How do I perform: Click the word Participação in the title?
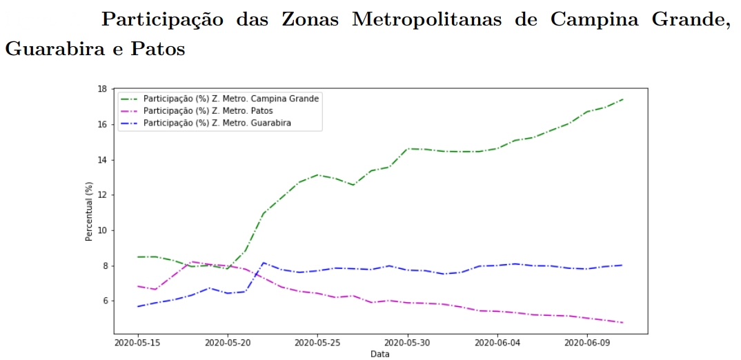point(162,20)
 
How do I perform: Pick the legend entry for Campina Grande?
point(235,99)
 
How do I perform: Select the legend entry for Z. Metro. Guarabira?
point(221,123)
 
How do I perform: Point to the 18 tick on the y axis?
point(101,89)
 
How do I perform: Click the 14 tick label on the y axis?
point(101,160)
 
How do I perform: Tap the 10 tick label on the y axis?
point(101,230)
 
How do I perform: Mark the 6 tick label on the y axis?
point(103,301)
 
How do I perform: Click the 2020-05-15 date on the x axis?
point(137,342)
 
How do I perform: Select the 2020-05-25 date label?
point(317,342)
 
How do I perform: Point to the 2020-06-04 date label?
point(497,342)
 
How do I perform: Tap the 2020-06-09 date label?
point(587,342)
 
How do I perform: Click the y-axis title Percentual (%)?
point(88,212)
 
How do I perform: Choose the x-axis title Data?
point(380,354)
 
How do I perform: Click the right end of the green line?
point(623,99)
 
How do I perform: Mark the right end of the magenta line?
point(623,322)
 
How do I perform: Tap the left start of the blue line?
point(138,306)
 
